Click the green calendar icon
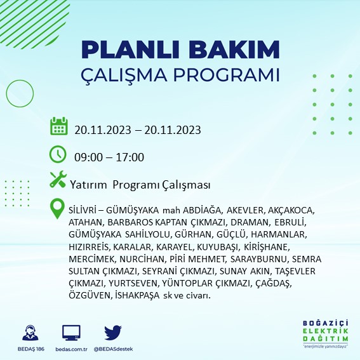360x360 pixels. pyautogui.click(x=58, y=126)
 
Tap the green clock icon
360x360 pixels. pyautogui.click(x=58, y=154)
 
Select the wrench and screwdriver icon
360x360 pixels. pyautogui.click(x=58, y=180)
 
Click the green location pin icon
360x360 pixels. pyautogui.click(x=58, y=209)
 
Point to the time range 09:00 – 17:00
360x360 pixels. pyautogui.click(x=109, y=157)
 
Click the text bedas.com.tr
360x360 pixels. pyautogui.click(x=71, y=349)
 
